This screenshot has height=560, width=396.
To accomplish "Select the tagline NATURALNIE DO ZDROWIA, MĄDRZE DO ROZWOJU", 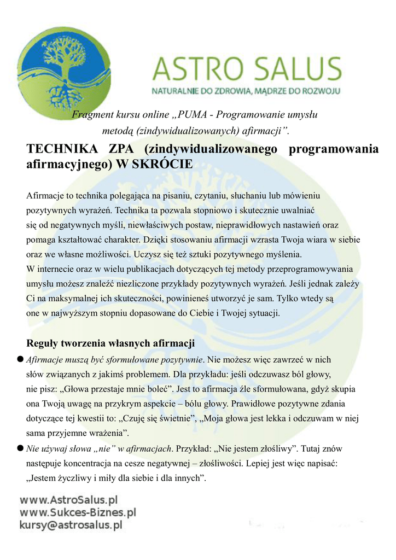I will [247, 90].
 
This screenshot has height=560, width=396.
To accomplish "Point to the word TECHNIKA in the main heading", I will [62, 149].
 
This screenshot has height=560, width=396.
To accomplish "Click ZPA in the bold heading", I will [124, 149].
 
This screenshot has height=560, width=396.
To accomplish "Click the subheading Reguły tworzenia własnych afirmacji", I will [111, 343].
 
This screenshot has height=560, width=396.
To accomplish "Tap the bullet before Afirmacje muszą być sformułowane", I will [20, 359].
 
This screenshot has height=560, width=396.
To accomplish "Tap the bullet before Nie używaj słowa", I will [20, 448].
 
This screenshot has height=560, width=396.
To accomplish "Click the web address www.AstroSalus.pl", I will [69, 500].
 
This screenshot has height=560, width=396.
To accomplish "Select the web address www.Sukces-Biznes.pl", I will [78, 513].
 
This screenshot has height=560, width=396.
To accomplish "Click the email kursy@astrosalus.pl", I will [71, 526].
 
